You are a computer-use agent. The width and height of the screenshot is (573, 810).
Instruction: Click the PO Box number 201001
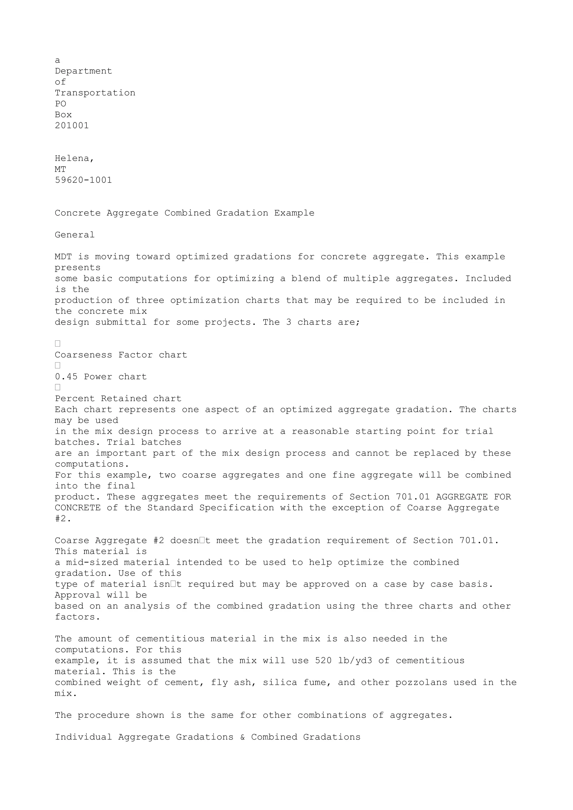(72, 125)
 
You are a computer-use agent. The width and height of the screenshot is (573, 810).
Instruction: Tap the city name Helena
(74, 158)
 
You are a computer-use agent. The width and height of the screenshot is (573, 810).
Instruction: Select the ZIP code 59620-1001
(83, 180)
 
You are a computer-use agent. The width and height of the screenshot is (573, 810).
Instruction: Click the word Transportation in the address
(95, 93)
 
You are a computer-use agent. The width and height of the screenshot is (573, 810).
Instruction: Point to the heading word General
(74, 235)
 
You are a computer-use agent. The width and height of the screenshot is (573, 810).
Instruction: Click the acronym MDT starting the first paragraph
(63, 257)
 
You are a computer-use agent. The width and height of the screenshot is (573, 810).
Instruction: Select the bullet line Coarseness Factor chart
(121, 355)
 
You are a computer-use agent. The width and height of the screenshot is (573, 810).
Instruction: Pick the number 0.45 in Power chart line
(66, 377)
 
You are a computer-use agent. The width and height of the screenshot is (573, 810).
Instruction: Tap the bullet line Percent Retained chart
(118, 399)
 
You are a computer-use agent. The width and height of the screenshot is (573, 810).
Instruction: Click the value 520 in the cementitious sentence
(323, 660)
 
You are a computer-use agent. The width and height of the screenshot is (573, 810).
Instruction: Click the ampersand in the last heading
(242, 737)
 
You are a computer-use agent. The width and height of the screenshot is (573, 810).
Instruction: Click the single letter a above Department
(58, 60)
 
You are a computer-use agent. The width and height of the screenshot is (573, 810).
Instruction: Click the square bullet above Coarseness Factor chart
(58, 344)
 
